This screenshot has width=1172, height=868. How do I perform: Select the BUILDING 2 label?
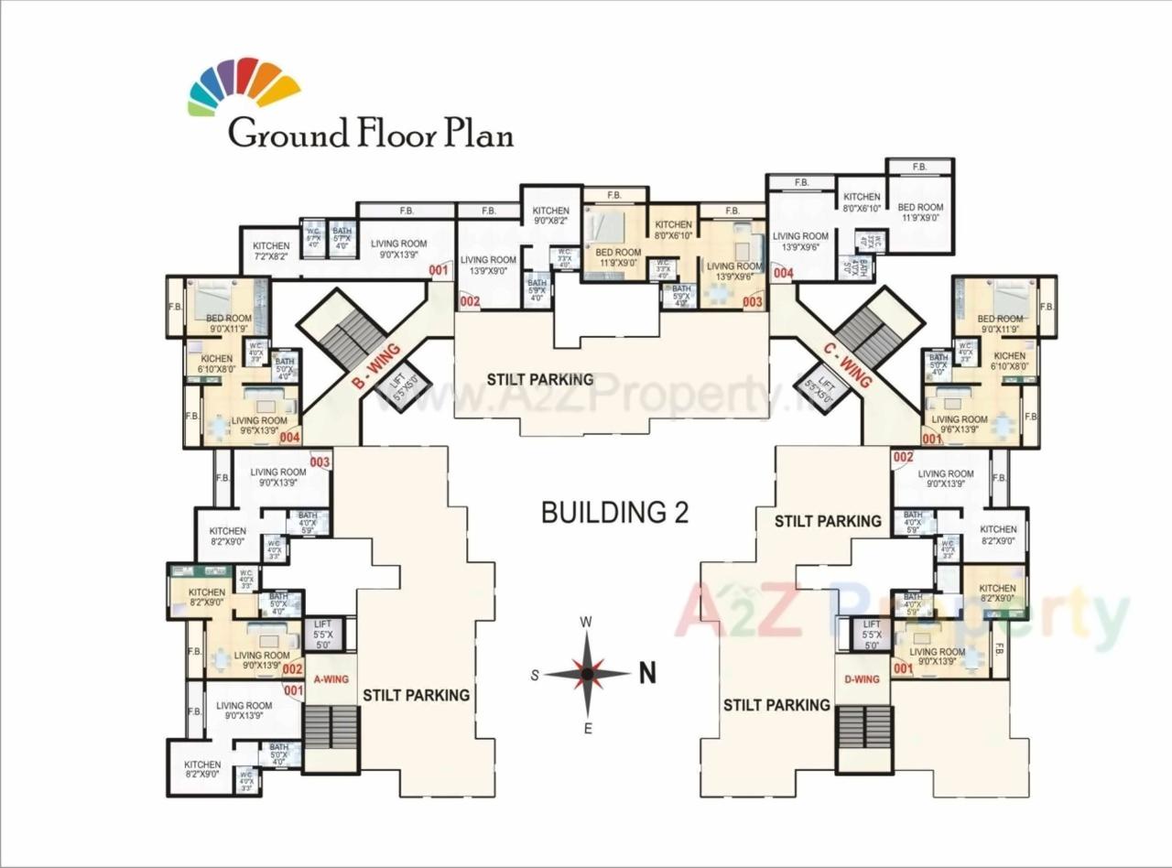[614, 512]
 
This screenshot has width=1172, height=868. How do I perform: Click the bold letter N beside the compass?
[647, 674]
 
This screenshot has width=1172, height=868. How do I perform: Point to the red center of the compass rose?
[588, 675]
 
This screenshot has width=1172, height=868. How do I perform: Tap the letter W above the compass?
[587, 623]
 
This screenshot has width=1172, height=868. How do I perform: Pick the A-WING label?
[331, 679]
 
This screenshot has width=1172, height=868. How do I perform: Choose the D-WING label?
[862, 678]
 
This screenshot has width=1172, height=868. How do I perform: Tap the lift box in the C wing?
[825, 387]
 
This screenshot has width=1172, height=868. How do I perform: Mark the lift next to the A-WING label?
[322, 634]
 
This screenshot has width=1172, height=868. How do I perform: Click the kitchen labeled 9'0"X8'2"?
[551, 215]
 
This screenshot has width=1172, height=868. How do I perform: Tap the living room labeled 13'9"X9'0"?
[488, 266]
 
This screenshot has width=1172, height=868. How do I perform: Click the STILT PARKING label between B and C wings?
[540, 379]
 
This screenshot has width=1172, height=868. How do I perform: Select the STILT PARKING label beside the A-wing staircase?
[416, 695]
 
